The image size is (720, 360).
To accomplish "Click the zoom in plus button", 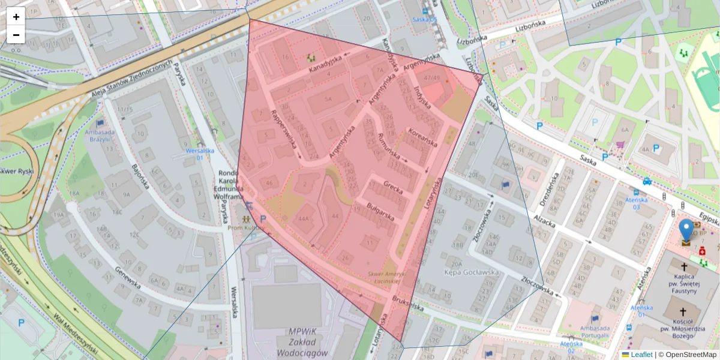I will [x=16, y=17].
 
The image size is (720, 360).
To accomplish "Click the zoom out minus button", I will [x=16, y=35].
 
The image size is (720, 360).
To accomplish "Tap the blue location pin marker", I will [x=686, y=231].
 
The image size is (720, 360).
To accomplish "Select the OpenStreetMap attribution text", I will [x=690, y=355].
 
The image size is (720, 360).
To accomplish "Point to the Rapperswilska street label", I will [x=284, y=133].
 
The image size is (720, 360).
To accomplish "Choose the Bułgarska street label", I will [x=379, y=211].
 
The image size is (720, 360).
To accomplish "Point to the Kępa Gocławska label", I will [x=472, y=272].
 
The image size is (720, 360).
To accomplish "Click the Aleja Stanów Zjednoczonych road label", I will [x=131, y=79].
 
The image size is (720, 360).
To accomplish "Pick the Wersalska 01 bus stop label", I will [x=200, y=154].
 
